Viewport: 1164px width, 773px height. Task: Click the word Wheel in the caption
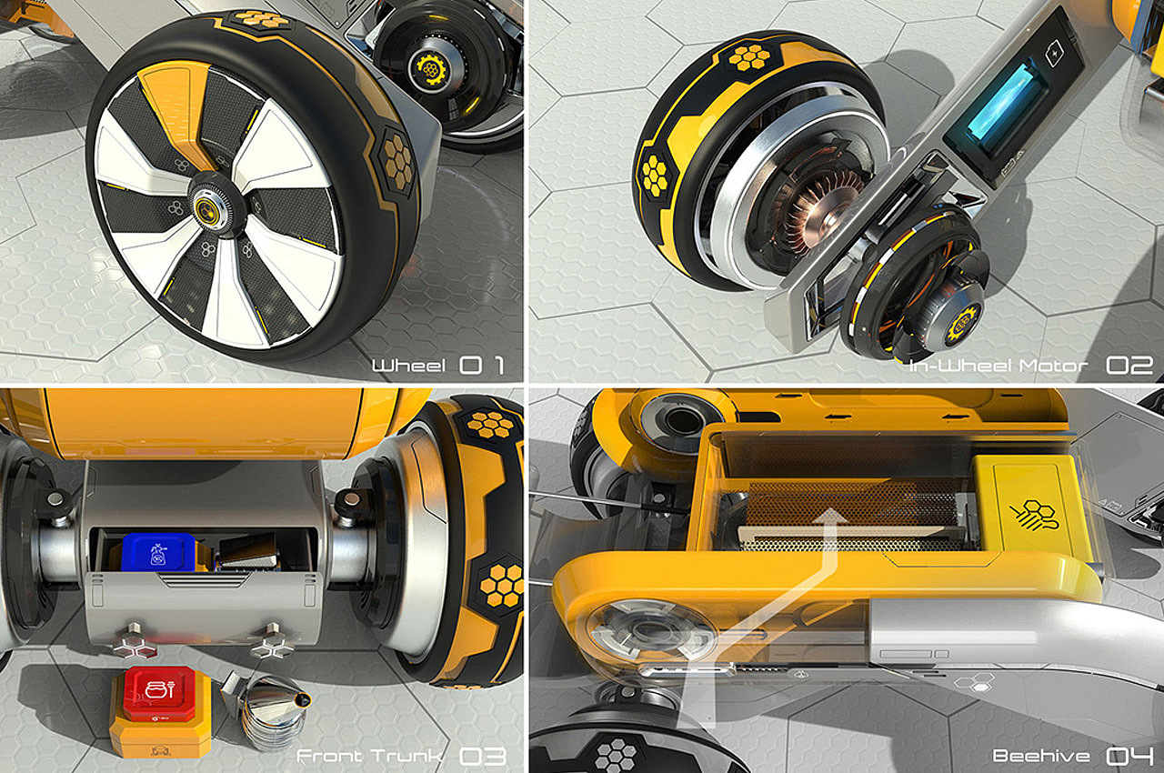coord(409,366)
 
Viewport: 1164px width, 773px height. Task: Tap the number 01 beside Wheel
coord(482,366)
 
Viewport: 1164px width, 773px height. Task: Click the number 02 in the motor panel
coord(1129,366)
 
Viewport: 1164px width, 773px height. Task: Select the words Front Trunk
coord(370,756)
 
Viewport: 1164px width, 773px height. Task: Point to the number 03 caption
coord(483,756)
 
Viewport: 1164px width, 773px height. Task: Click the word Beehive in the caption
coord(1041,756)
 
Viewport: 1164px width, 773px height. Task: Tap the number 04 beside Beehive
coord(1129,756)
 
